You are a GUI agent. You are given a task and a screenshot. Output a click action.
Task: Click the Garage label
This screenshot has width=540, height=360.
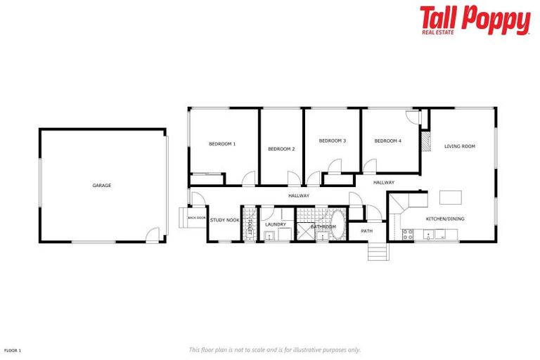click(x=101, y=186)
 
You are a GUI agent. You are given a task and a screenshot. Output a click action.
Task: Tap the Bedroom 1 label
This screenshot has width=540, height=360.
click(x=222, y=144)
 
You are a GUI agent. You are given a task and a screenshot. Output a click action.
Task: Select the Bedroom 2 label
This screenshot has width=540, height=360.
click(x=281, y=149)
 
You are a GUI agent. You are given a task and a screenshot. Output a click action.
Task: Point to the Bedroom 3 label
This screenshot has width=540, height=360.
click(x=333, y=141)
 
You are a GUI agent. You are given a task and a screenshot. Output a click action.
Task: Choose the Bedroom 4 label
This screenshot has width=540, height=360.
click(x=387, y=141)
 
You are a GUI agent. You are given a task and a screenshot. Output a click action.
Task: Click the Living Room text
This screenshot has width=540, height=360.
click(x=460, y=146)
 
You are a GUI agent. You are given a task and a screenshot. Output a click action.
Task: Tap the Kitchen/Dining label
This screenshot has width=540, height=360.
click(x=445, y=219)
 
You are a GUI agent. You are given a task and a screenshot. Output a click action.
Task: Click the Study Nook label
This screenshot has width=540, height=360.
click(x=225, y=220)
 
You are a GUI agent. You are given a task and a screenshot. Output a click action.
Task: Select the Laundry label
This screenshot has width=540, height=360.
click(x=276, y=224)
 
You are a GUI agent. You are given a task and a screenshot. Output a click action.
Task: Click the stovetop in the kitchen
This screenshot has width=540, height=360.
click(x=408, y=235)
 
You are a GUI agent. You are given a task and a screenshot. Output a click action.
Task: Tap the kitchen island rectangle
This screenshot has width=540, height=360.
click(x=451, y=197)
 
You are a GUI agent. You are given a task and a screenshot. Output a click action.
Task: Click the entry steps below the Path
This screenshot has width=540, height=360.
click(x=378, y=251)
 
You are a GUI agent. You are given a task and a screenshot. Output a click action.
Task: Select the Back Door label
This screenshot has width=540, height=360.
click(x=197, y=218)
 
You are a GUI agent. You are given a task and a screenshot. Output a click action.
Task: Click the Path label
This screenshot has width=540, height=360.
click(x=367, y=231)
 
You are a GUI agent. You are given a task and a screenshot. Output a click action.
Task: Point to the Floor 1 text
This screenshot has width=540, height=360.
click(x=13, y=349)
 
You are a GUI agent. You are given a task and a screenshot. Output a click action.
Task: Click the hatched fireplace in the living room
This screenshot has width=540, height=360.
click(x=425, y=142)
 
